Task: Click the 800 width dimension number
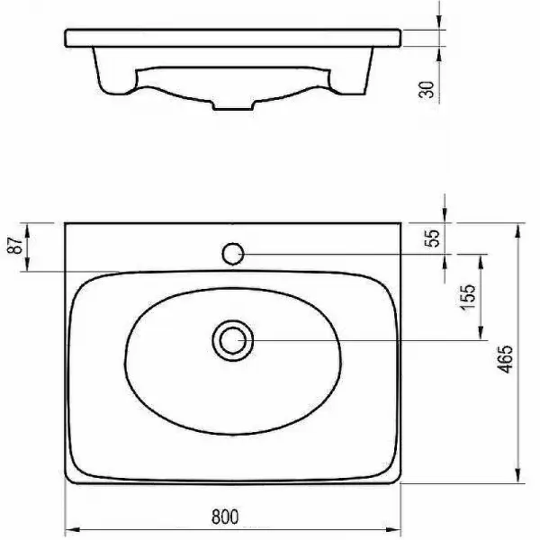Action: pos(225,517)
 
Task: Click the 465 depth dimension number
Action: pos(505,359)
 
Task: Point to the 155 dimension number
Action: pos(468,297)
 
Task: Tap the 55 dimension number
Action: pos(432,238)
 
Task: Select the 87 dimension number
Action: pos(15,245)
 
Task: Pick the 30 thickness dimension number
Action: pos(427,89)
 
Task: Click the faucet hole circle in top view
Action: pos(233,254)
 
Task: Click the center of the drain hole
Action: pos(233,340)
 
